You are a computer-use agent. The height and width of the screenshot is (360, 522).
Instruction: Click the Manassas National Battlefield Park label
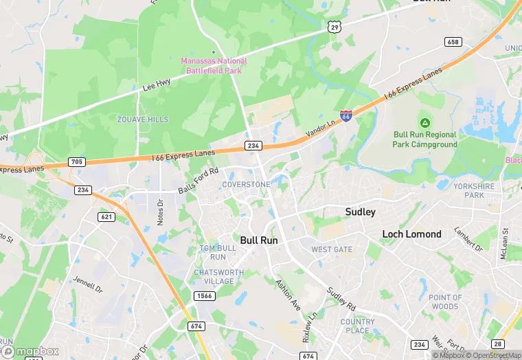coord(214,65)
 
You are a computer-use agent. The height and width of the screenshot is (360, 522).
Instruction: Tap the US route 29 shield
coord(334,26)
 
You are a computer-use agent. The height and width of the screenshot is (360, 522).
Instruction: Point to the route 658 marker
coord(453,42)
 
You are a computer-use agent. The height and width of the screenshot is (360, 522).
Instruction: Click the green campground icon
coord(425,122)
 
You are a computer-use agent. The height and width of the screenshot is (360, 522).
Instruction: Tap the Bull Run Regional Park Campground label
coord(424,140)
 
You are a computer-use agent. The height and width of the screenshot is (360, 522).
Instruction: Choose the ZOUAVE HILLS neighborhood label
coord(142,120)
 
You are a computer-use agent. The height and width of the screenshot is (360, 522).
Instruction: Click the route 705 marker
coord(77,162)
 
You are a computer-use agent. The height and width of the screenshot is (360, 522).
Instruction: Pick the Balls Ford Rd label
coord(198,180)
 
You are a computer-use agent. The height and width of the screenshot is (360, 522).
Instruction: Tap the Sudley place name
coord(360,212)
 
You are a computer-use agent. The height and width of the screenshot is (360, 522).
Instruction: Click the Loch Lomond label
coord(411,234)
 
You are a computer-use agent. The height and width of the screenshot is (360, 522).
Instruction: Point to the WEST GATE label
coord(332,249)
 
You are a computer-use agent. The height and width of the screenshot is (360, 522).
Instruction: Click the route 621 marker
coord(106,216)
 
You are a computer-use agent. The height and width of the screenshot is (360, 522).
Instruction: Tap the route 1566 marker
coord(203,295)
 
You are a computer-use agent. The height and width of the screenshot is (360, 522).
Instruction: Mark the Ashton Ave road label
coord(287,293)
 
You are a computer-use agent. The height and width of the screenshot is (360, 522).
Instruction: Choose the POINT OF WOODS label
coord(444,302)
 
